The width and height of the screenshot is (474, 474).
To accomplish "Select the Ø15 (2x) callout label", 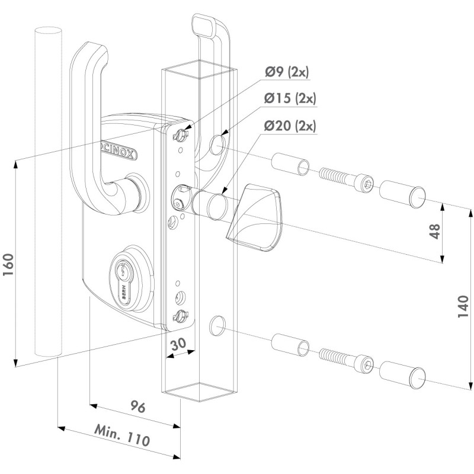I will tap(290, 99).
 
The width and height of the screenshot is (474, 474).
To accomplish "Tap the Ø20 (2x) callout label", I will tap(290, 126).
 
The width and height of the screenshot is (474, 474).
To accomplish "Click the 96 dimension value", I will tap(137, 408).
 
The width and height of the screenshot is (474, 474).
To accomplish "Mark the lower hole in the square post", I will tap(218, 325).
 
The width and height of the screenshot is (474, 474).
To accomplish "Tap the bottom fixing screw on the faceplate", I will tap(178, 316).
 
